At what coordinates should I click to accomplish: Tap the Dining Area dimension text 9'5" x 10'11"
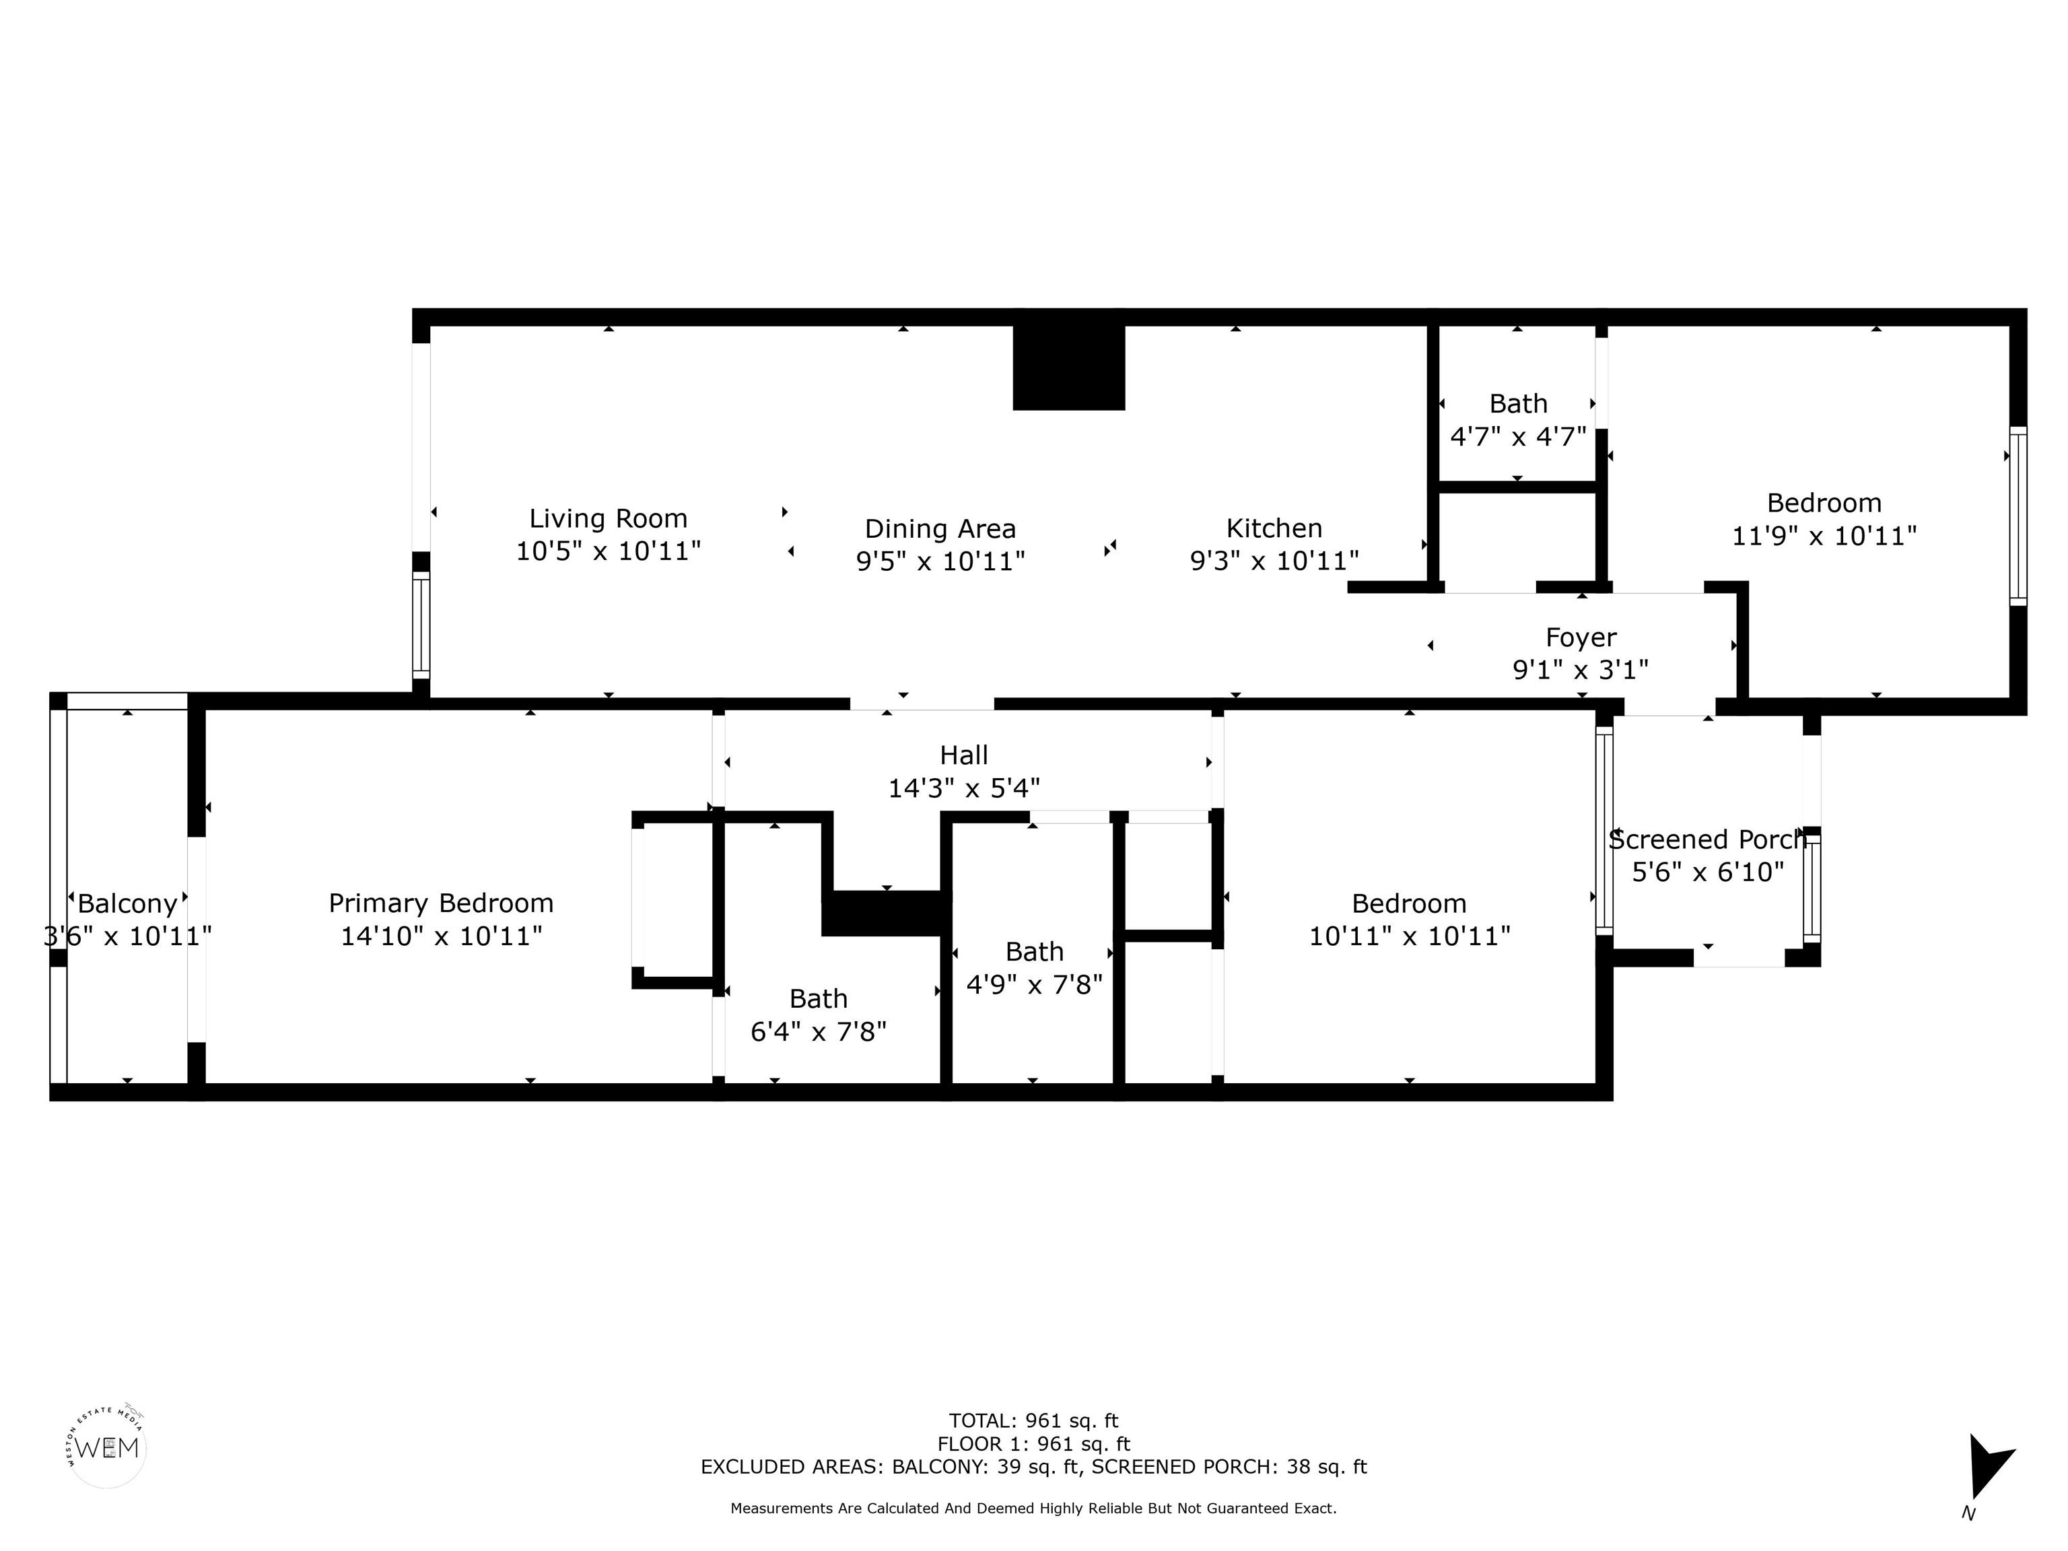coord(940,561)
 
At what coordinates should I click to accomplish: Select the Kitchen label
coord(1274,528)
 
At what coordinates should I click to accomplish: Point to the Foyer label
coord(1581,637)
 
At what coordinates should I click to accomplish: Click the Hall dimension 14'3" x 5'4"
coord(964,788)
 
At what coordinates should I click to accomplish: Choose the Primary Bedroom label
coord(442,904)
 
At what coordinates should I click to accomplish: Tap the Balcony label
coord(127,904)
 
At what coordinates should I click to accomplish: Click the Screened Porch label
coord(1707,839)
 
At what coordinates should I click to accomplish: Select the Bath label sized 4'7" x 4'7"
coord(1518,404)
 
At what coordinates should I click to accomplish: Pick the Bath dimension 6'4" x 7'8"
coord(819,1031)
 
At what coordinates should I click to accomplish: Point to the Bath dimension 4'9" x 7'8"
coord(1034,984)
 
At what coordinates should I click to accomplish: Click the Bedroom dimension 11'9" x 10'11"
coord(1824,536)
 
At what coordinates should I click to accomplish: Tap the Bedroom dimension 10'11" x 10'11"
coord(1409,936)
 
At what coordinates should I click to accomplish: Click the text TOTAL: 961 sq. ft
coord(1034,1422)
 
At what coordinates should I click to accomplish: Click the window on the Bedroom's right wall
coord(2018,516)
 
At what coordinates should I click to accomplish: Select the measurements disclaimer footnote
coord(1034,1508)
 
